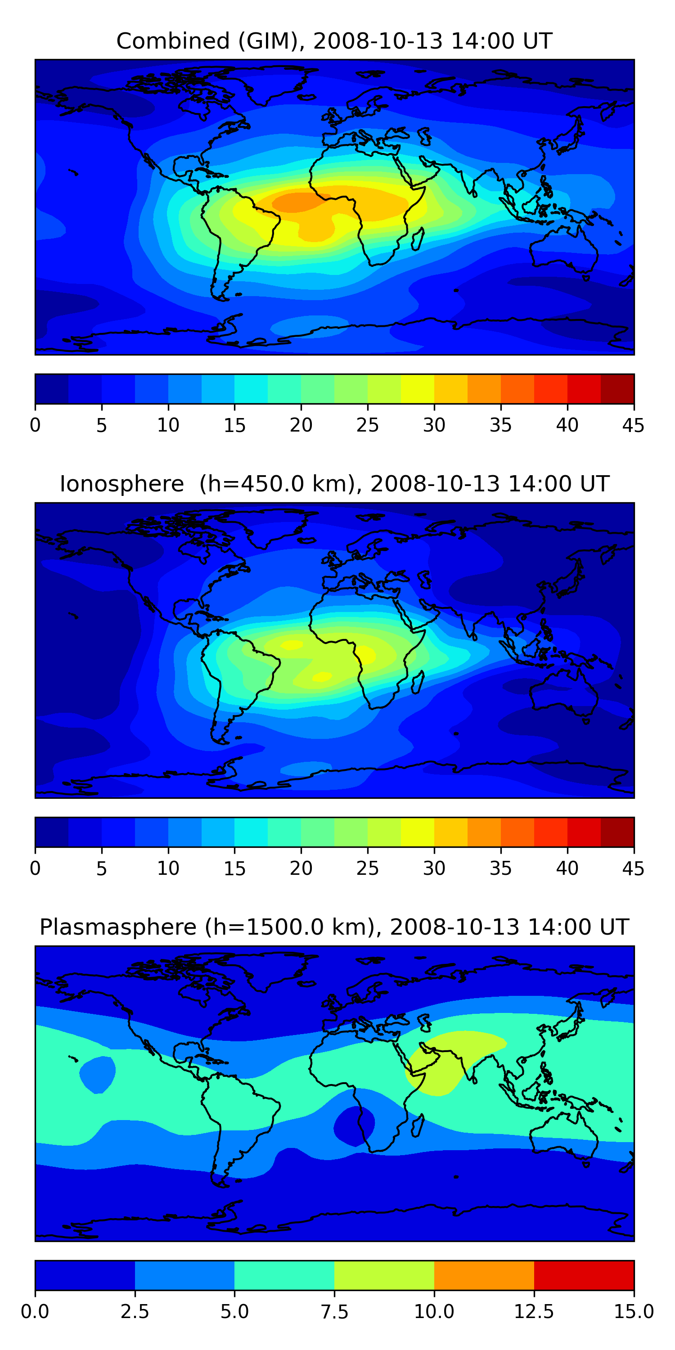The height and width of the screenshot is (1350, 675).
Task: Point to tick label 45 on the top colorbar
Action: [x=633, y=425]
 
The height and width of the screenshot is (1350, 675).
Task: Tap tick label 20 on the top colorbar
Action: [x=301, y=425]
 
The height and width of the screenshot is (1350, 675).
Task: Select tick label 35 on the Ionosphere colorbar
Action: [x=500, y=868]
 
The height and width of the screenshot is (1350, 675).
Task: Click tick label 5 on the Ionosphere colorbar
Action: [x=102, y=868]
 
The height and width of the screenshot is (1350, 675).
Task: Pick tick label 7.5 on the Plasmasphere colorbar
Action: [x=334, y=1312]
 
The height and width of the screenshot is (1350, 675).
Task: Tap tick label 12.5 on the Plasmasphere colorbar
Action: [x=534, y=1312]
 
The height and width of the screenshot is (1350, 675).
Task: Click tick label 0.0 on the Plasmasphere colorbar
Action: [x=35, y=1312]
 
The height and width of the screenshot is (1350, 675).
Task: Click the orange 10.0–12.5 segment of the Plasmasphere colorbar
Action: [x=484, y=1275]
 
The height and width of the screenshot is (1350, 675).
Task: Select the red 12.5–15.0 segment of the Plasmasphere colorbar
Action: [x=584, y=1275]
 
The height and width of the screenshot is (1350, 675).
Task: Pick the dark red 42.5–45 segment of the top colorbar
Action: [x=617, y=389]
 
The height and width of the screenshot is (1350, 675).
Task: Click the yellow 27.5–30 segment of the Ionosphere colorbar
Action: [x=417, y=832]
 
